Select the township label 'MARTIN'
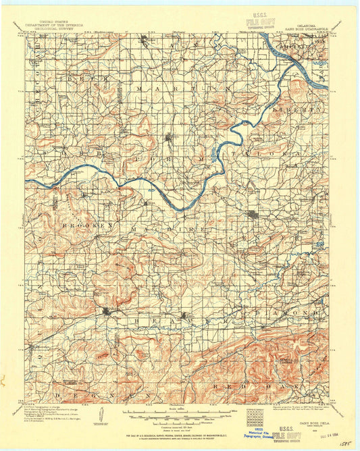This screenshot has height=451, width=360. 176,88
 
